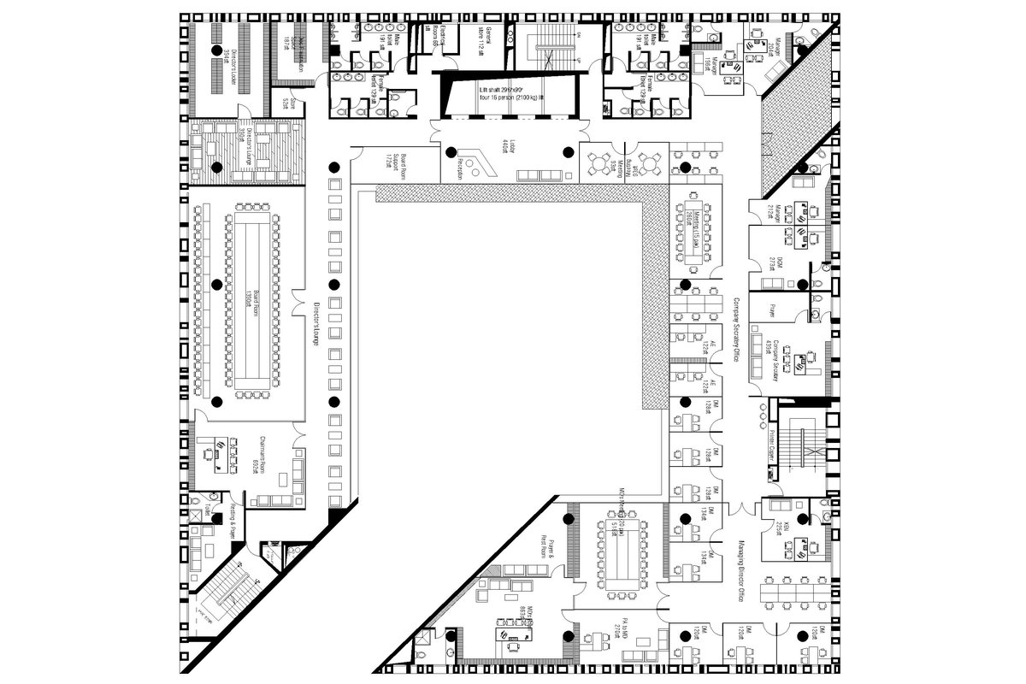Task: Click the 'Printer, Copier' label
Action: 769,445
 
